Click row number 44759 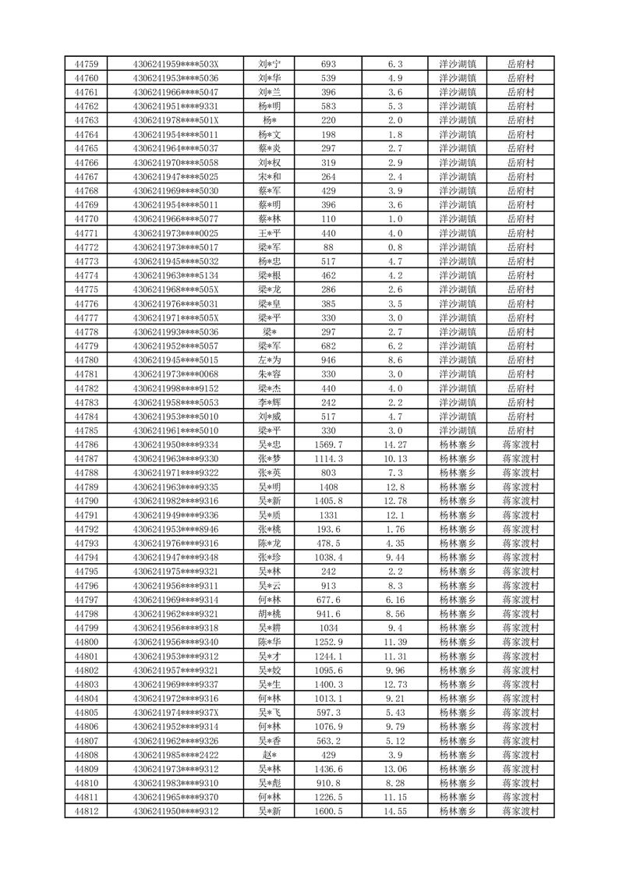coord(86,64)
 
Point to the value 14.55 coord(394,811)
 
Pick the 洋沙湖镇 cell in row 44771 coord(458,233)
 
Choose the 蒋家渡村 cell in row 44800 coord(520,642)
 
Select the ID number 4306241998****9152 coord(175,388)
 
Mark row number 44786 coord(86,445)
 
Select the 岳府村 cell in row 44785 coord(520,430)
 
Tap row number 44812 coord(86,811)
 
